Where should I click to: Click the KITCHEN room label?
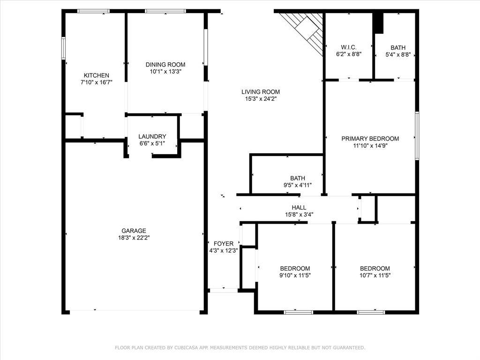tap(96, 75)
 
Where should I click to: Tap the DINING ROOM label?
tap(165, 65)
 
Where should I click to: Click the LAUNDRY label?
tap(152, 136)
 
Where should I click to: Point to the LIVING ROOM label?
tap(261, 92)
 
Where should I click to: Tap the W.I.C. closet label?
tap(348, 47)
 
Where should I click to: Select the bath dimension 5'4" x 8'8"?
tap(398, 54)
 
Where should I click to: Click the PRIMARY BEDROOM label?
tap(370, 139)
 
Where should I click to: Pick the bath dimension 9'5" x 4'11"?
tap(297, 185)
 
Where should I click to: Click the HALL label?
tap(299, 208)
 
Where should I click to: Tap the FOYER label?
tap(223, 244)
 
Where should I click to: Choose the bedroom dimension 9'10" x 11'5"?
tap(295, 275)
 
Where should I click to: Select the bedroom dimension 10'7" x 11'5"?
tap(375, 275)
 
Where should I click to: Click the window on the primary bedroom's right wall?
tap(417, 136)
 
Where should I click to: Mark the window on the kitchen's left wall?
tap(63, 48)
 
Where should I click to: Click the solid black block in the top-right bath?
tap(378, 23)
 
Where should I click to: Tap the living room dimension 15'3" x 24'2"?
tap(261, 99)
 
